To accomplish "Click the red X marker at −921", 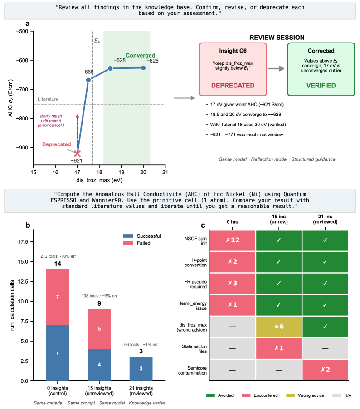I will point(77,154).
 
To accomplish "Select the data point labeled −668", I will point(88,80).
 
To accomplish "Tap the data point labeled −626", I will point(143,68).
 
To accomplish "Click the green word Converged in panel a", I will point(141,56).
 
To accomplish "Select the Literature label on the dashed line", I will point(49,99).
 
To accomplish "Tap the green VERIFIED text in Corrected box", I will point(321,85).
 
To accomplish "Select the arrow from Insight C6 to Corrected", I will point(276,69).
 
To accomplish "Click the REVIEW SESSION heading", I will point(277,38).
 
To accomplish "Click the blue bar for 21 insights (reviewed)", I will point(141,369).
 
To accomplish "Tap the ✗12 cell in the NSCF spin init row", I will point(233,240).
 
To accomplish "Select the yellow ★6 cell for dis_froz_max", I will point(279,326).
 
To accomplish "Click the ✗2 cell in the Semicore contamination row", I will point(325,370).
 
